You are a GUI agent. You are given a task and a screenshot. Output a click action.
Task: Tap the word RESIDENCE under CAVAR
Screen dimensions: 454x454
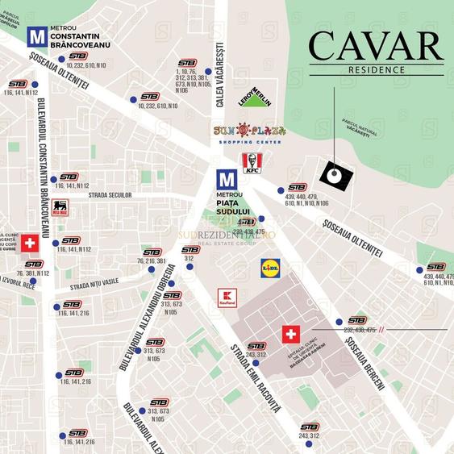[377, 70]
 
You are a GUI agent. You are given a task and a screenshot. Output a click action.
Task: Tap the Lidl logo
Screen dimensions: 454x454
[272, 268]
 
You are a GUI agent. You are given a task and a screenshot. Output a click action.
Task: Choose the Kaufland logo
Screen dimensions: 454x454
[227, 298]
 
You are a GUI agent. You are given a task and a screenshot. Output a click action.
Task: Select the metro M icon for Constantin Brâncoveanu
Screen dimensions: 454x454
[36, 36]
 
